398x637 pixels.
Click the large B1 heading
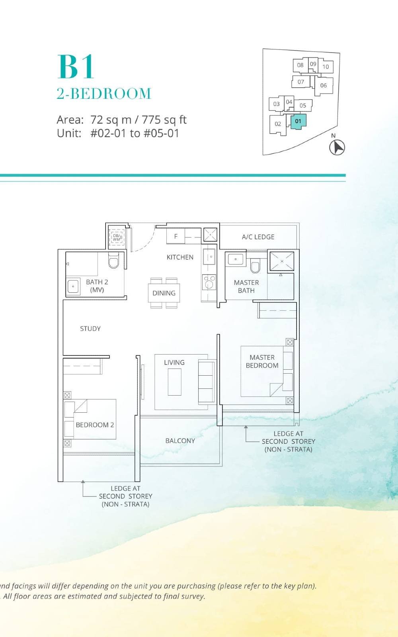tap(76, 67)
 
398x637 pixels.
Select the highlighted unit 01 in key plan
tap(298, 121)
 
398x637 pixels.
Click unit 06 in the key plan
tap(323, 85)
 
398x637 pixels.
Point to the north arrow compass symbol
tap(337, 147)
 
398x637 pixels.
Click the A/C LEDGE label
tap(258, 237)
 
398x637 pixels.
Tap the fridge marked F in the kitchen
tap(176, 236)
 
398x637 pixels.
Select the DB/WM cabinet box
tap(117, 237)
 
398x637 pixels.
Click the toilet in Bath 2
tap(113, 261)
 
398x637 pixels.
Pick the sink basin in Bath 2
tap(73, 286)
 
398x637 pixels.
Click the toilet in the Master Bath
tap(255, 266)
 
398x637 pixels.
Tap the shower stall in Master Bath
tap(282, 261)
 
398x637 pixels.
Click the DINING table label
tap(164, 293)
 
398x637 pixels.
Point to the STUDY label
tap(90, 329)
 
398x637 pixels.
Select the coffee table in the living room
tap(174, 382)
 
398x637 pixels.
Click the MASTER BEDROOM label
tap(262, 361)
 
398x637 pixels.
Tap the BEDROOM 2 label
tap(95, 425)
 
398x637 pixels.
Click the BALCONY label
tap(180, 441)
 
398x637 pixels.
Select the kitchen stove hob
tap(209, 282)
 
